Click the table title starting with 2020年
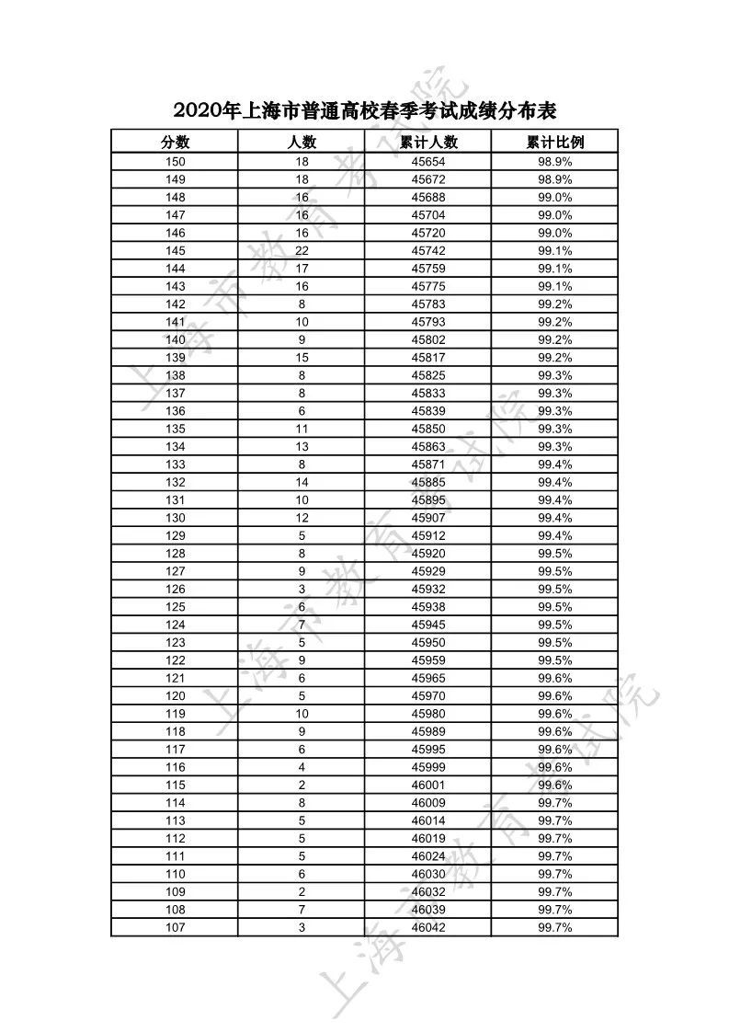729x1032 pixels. (x=365, y=110)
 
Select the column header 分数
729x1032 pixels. (x=175, y=142)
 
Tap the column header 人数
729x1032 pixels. (x=302, y=142)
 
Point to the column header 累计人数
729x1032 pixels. (x=428, y=142)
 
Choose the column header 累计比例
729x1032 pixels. (x=555, y=142)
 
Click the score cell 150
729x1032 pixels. (x=175, y=162)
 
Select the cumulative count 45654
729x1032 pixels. (x=428, y=162)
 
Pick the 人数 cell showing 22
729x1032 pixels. (x=302, y=251)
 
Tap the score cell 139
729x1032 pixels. (x=175, y=358)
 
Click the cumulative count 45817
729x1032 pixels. (x=428, y=358)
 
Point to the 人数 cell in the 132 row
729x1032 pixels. (x=302, y=482)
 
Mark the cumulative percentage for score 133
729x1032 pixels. (x=555, y=464)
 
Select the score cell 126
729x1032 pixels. (x=175, y=589)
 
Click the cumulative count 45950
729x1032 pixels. (x=428, y=642)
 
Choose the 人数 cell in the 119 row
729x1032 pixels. (x=302, y=714)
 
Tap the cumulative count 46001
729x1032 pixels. (x=428, y=785)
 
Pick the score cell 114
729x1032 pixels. (x=175, y=803)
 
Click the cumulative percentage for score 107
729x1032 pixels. (x=555, y=927)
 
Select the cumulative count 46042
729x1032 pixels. (x=428, y=927)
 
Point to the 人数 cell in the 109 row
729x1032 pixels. (x=302, y=891)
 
